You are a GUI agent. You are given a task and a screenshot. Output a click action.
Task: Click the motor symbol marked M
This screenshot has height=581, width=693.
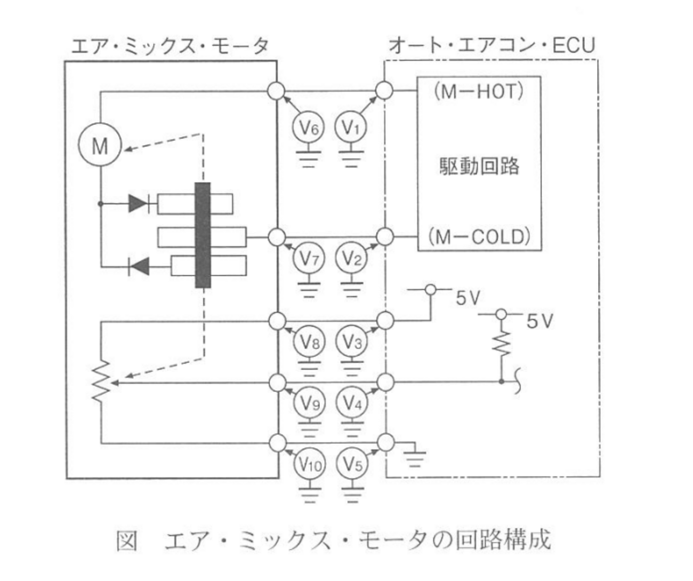click(100, 145)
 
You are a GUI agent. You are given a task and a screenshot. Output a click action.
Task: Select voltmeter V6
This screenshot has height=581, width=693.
click(308, 127)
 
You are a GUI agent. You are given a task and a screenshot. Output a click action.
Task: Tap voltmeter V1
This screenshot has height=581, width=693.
click(350, 127)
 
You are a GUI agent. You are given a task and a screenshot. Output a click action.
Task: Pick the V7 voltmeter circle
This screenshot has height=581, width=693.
click(309, 258)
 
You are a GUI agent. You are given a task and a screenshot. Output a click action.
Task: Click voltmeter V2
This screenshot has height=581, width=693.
click(351, 258)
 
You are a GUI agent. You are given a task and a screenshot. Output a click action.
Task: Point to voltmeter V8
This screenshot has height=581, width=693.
click(310, 341)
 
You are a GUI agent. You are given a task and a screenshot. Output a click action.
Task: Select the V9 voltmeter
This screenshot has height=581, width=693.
click(310, 403)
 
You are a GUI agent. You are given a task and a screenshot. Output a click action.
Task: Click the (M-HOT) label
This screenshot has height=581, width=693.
click(479, 91)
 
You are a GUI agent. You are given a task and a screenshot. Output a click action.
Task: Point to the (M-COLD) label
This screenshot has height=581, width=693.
click(479, 237)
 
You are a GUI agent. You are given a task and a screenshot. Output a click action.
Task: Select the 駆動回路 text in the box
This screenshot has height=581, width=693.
click(479, 166)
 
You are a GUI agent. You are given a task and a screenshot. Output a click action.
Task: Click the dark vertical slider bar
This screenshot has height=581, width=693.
click(203, 235)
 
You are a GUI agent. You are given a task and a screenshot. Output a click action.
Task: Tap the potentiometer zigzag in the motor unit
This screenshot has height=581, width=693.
click(101, 383)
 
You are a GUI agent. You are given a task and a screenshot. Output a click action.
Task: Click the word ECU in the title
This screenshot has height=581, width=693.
click(574, 45)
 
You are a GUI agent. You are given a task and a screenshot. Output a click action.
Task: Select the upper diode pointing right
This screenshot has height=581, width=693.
click(139, 204)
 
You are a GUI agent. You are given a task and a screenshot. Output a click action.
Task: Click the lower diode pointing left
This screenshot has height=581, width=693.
click(139, 266)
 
